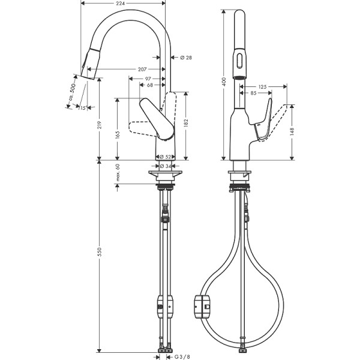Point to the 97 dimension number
pyautogui.click(x=148, y=79)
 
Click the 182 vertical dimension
pyautogui.click(x=187, y=122)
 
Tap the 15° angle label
pyautogui.click(x=82, y=108)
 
